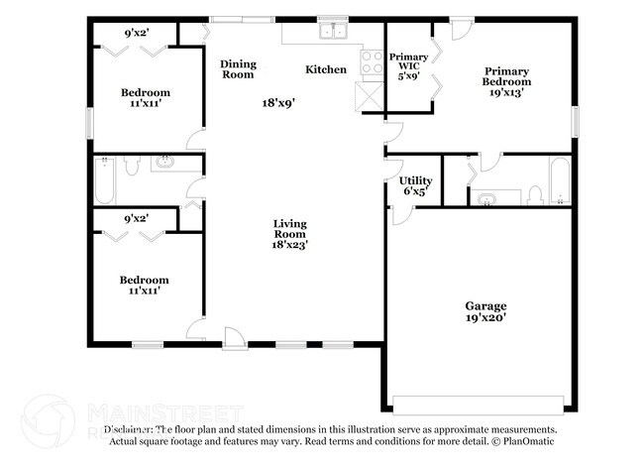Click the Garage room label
point(485,305)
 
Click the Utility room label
point(414,180)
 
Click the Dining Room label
point(238,69)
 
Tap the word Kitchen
point(326,69)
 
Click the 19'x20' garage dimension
point(485,318)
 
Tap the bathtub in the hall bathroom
point(106,180)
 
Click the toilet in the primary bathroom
point(533,193)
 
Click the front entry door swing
point(233,338)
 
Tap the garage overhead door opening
point(475,404)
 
